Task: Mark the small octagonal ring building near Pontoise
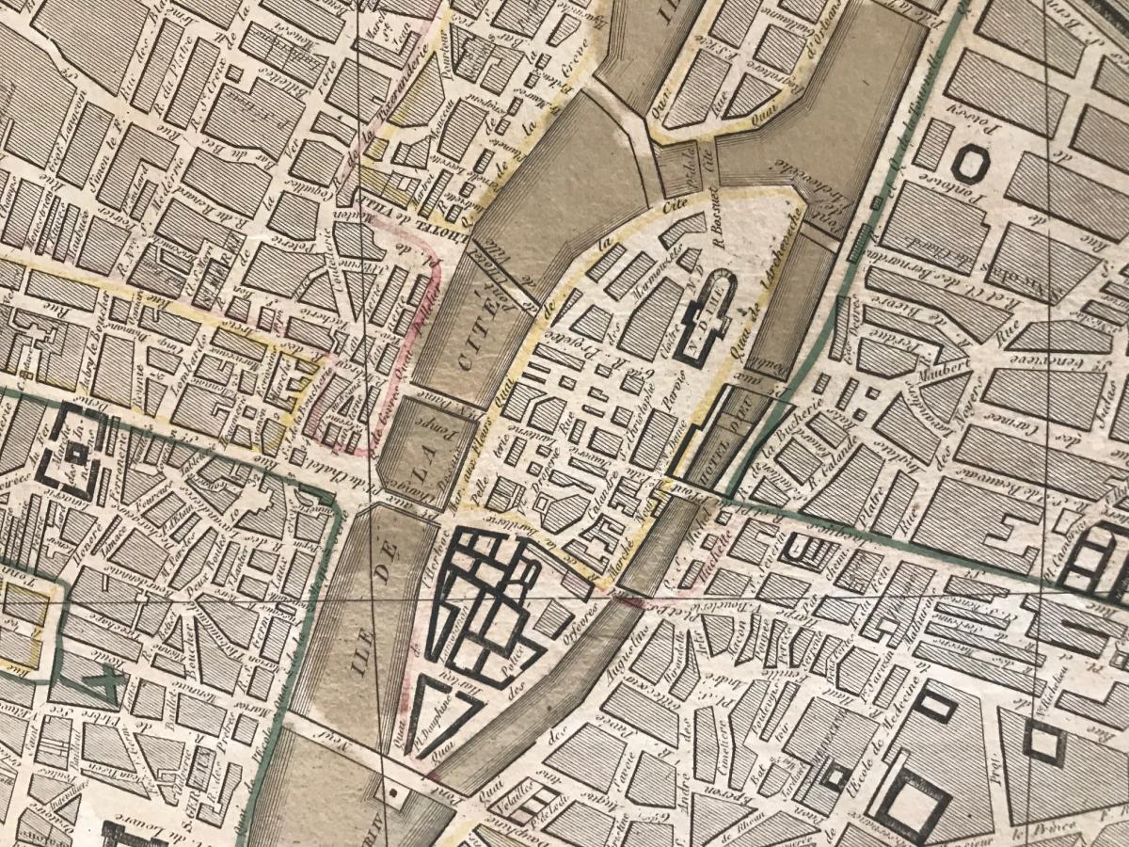pyautogui.click(x=966, y=164)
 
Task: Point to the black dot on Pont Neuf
pyautogui.click(x=392, y=793)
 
